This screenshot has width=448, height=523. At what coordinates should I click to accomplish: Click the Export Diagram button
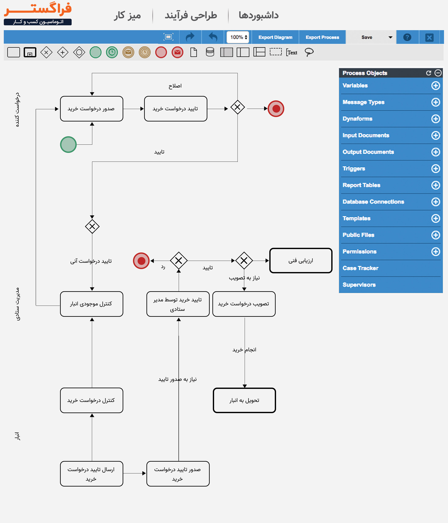(275, 37)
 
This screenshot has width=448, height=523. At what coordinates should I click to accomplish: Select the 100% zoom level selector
(238, 37)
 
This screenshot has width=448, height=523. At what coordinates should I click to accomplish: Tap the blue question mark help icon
(407, 37)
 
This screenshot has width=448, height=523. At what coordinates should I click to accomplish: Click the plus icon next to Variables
(435, 86)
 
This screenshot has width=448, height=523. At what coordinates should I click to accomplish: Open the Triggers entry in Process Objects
(354, 169)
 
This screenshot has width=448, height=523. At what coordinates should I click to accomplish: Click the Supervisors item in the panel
(359, 285)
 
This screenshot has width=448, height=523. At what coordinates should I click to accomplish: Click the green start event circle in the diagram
(68, 144)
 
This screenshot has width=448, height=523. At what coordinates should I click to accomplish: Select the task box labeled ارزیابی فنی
(301, 260)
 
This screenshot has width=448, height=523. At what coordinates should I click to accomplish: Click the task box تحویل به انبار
(244, 400)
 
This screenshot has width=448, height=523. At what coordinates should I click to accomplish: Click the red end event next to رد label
(141, 261)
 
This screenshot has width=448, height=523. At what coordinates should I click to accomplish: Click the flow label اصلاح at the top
(175, 86)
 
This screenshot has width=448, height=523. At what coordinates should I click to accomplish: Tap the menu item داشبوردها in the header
(259, 15)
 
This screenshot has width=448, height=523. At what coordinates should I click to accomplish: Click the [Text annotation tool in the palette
(292, 53)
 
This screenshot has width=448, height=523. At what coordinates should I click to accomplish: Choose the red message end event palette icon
(177, 53)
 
